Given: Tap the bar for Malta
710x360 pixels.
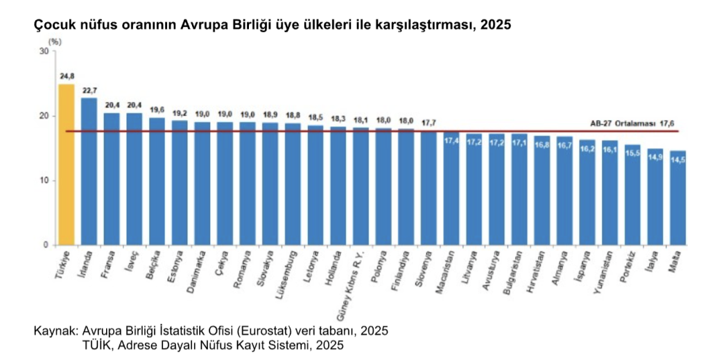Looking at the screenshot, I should [x=677, y=198].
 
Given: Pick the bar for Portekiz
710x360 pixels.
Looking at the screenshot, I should [x=632, y=195].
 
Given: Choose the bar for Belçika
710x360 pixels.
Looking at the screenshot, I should [x=157, y=181].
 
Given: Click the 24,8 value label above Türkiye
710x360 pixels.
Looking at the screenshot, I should [x=67, y=76].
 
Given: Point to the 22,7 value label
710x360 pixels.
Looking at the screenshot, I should [x=89, y=89].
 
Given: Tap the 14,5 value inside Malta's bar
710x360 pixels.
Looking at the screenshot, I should [x=677, y=160].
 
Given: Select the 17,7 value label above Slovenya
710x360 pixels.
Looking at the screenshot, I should [x=428, y=123].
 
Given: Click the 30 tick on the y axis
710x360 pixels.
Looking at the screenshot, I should [x=44, y=51].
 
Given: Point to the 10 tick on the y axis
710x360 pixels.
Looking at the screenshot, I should [x=44, y=180].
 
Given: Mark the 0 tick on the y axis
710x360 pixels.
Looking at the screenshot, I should [x=46, y=245].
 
